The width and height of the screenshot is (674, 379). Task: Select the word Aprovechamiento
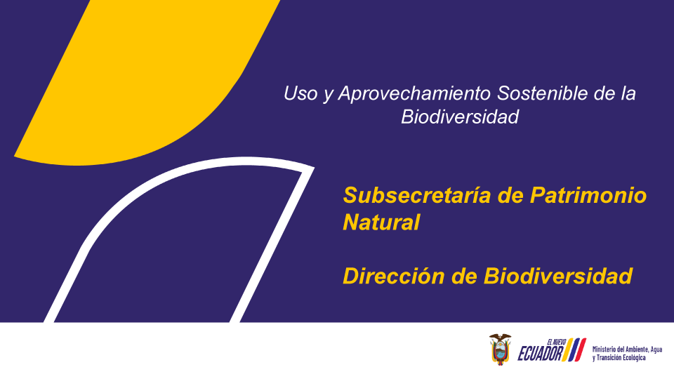[414, 94]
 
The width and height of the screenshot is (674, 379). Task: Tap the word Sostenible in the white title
[542, 93]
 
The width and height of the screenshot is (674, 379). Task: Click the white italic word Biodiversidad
[460, 117]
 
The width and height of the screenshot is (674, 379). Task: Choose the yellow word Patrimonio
[588, 195]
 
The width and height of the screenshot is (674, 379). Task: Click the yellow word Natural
[381, 222]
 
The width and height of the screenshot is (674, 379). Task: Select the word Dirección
[393, 276]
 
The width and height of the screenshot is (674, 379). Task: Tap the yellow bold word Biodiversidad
[558, 276]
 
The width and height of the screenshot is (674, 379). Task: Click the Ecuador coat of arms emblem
[500, 349]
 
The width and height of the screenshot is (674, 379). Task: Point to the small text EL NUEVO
[556, 342]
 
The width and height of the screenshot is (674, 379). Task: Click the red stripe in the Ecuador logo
[580, 350]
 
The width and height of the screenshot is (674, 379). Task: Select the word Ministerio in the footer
[604, 350]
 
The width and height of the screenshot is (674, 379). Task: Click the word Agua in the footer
[656, 350]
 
